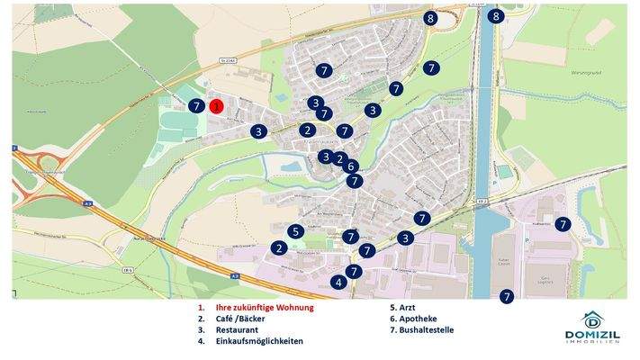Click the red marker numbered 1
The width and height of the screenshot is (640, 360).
coord(217,106)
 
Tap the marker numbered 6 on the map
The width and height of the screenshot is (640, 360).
coord(351,166)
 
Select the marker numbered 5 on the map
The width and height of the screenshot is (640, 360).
coord(295,232)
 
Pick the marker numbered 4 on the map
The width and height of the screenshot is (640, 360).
coord(338,282)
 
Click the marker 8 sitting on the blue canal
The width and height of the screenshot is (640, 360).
coord(495,16)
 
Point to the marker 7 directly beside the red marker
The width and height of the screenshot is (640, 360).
coord(197,106)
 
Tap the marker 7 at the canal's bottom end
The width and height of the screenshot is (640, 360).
coord(507,296)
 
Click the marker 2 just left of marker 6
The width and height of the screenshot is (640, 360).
coord(338,159)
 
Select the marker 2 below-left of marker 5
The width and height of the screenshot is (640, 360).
coord(280,248)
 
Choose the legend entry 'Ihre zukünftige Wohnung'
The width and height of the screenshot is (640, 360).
coord(265,307)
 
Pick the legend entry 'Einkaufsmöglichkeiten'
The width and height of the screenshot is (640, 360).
coord(259,342)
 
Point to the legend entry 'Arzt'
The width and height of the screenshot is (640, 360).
coord(401,307)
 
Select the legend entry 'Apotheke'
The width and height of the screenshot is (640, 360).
coord(410,319)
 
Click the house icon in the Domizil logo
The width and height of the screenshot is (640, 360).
coord(592,319)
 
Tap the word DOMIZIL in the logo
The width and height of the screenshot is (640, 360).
coord(592,335)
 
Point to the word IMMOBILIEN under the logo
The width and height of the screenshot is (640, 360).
coord(592,344)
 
